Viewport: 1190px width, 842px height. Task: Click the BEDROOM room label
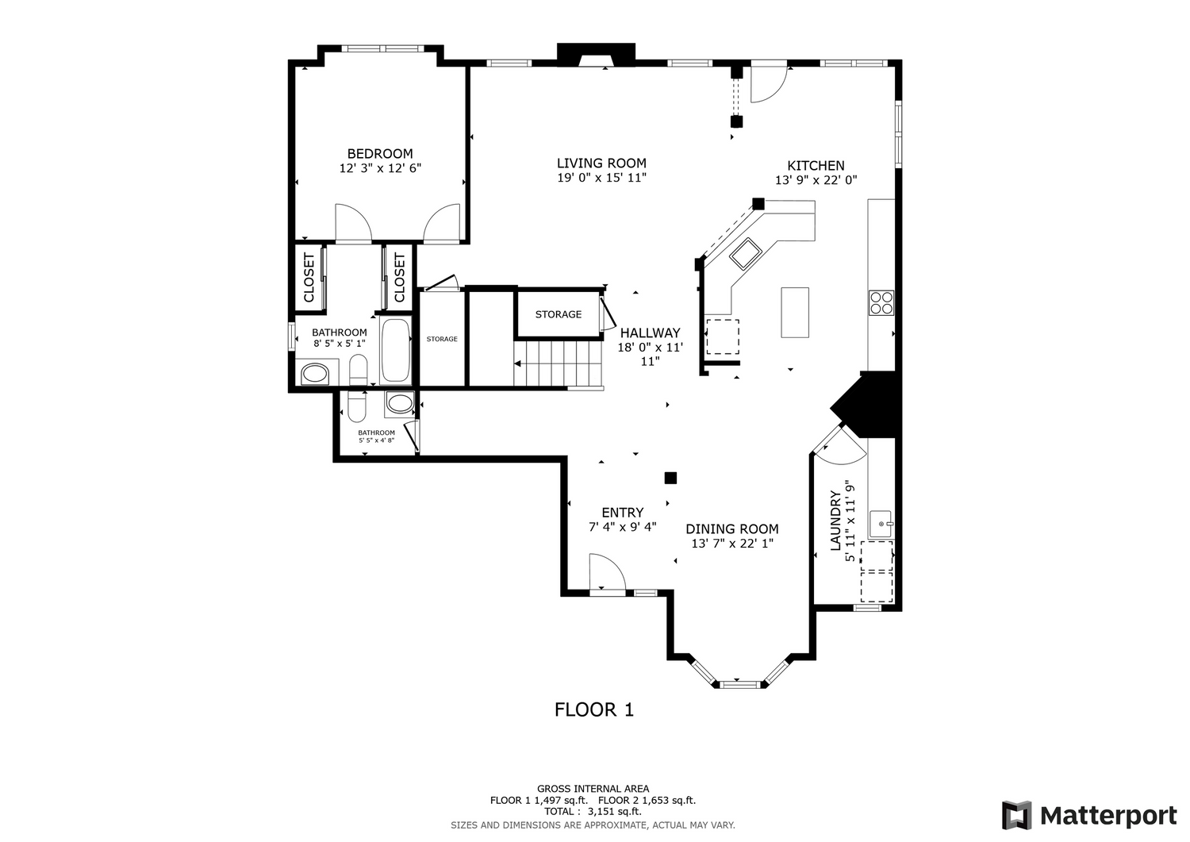pyautogui.click(x=380, y=154)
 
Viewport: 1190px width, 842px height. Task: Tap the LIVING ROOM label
pyautogui.click(x=601, y=163)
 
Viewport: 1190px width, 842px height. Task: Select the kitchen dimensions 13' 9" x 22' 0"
pyautogui.click(x=816, y=180)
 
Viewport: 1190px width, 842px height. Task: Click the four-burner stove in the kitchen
pyautogui.click(x=881, y=302)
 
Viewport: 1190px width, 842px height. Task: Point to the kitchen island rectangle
pyautogui.click(x=795, y=313)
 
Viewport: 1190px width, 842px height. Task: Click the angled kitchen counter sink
pyautogui.click(x=747, y=254)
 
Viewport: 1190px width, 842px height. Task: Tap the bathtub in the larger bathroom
pyautogui.click(x=396, y=350)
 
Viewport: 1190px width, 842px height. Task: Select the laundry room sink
pyautogui.click(x=881, y=524)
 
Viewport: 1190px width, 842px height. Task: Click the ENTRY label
pyautogui.click(x=623, y=513)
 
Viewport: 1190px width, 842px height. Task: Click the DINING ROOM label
pyautogui.click(x=732, y=529)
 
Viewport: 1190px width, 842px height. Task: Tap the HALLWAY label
pyautogui.click(x=651, y=333)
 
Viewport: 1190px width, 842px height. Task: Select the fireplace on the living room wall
pyautogui.click(x=596, y=55)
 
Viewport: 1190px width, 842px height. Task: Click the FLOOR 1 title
pyautogui.click(x=594, y=709)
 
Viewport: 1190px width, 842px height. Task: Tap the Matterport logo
pyautogui.click(x=1089, y=815)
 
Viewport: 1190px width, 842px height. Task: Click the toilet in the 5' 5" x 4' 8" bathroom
pyautogui.click(x=356, y=407)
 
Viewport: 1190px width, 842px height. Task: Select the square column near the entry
pyautogui.click(x=670, y=478)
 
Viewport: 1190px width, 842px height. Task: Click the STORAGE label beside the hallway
pyautogui.click(x=559, y=314)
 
